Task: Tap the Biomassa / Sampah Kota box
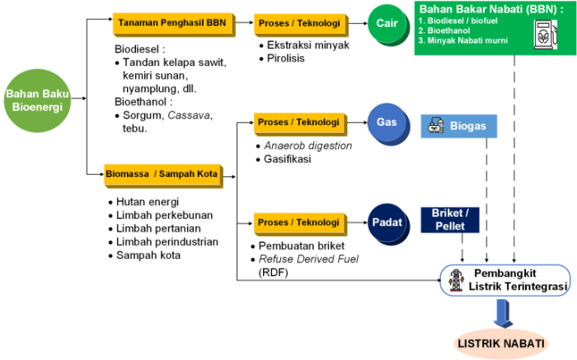point(162,174)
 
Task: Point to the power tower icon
point(454,279)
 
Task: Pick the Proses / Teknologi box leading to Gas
point(298,122)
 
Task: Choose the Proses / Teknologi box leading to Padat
point(298,222)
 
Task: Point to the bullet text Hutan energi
point(148,202)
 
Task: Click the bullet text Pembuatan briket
point(302,245)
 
